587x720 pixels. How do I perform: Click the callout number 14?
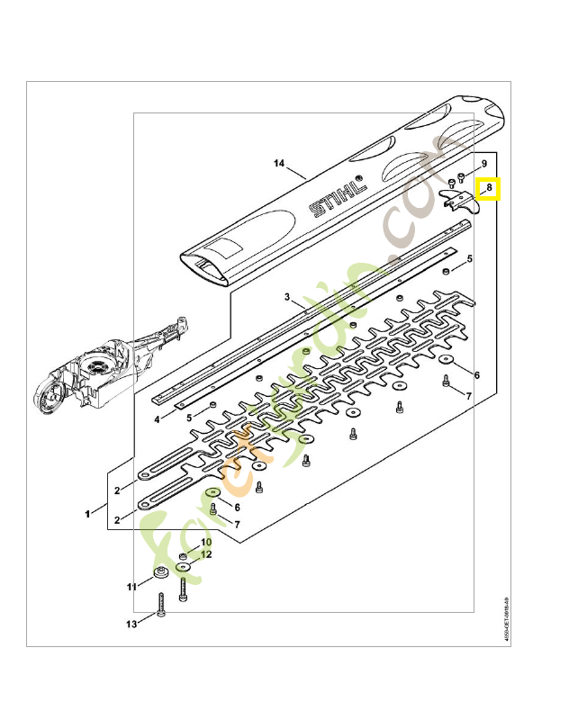point(278,164)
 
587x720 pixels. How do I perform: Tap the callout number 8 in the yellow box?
point(488,189)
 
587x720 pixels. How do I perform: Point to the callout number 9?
point(483,164)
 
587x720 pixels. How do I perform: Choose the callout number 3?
point(286,296)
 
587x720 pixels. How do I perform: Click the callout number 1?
point(88,514)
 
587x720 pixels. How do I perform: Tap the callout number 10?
point(206,543)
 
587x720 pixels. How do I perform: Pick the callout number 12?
point(206,554)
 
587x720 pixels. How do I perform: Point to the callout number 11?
point(131,587)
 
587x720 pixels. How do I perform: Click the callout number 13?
point(131,624)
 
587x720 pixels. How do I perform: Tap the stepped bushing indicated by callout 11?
point(162,574)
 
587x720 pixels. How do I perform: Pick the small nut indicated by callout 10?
point(183,558)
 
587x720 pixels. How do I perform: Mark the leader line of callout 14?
point(297,170)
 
